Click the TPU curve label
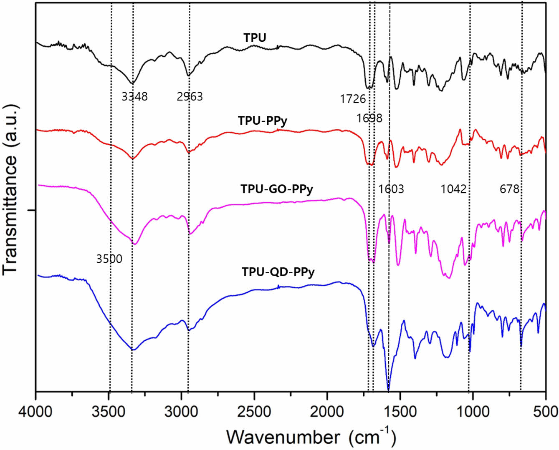pyautogui.click(x=255, y=38)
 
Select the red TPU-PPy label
pyautogui.click(x=263, y=121)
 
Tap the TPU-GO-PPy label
pyautogui.click(x=276, y=189)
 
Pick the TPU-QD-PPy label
pyautogui.click(x=278, y=272)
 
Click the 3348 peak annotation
pyautogui.click(x=134, y=97)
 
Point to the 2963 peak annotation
pyautogui.click(x=190, y=97)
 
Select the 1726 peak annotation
pyautogui.click(x=353, y=99)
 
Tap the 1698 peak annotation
pyautogui.click(x=369, y=118)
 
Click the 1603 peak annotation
pyautogui.click(x=391, y=189)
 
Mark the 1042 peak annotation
pyautogui.click(x=453, y=189)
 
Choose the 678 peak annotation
pyautogui.click(x=509, y=189)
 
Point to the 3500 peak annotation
pyautogui.click(x=109, y=259)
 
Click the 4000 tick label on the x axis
pyautogui.click(x=36, y=412)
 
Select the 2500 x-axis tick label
pyautogui.click(x=254, y=412)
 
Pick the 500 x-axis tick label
pyautogui.click(x=546, y=412)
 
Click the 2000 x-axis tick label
pyautogui.click(x=327, y=412)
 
